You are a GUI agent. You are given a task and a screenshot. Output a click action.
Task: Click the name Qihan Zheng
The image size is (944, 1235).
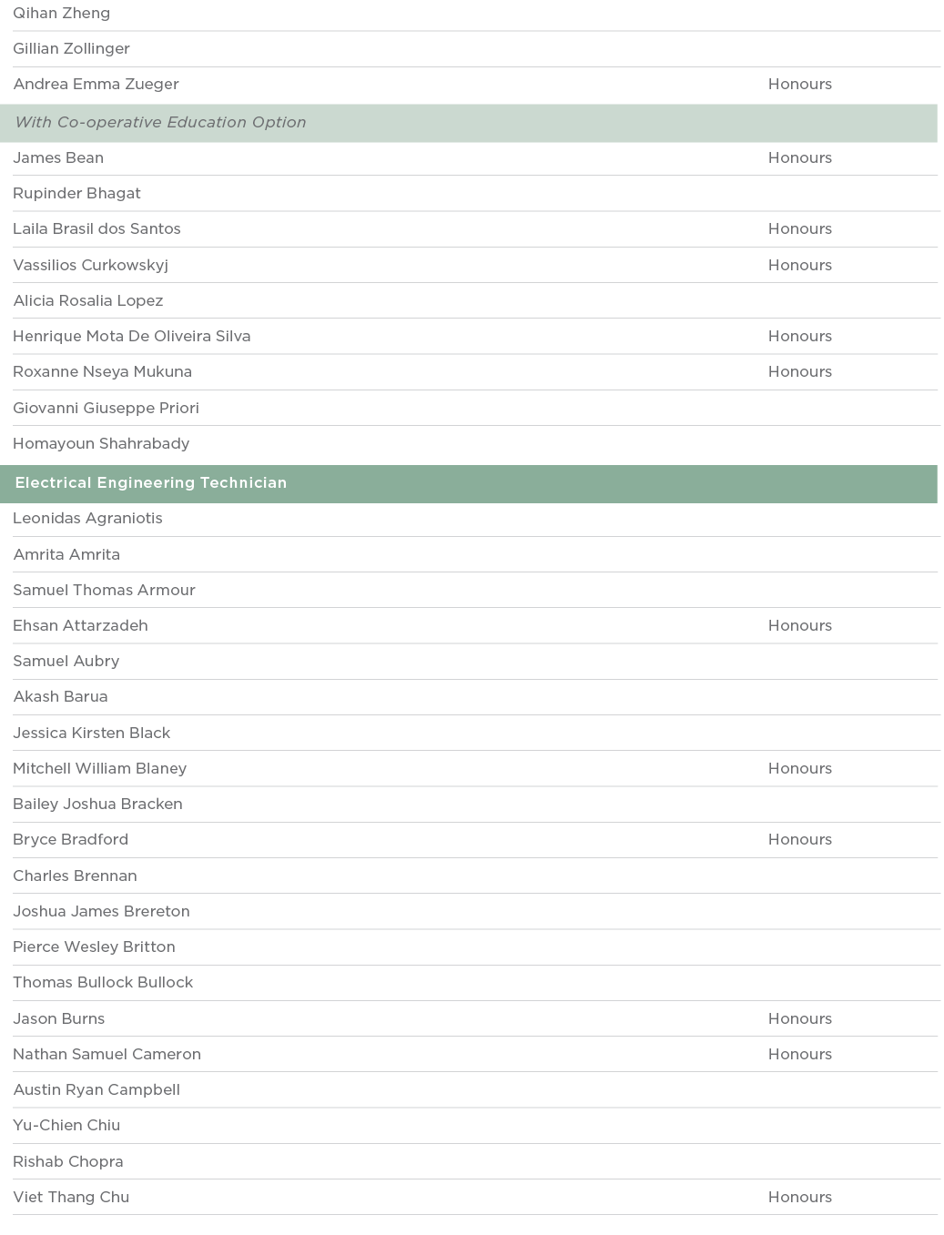click(61, 14)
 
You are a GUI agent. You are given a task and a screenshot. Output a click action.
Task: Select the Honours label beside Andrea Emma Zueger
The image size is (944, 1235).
click(799, 85)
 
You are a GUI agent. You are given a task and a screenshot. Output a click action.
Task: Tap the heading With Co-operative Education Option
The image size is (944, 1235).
click(160, 123)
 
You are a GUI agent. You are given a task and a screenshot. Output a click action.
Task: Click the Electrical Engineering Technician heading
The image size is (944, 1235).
click(150, 483)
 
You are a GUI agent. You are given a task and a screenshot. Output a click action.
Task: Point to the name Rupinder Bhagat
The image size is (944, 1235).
click(76, 194)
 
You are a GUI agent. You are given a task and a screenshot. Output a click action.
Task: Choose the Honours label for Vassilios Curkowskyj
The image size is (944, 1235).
click(799, 266)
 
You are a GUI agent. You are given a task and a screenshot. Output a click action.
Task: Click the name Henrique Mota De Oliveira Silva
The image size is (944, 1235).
click(131, 337)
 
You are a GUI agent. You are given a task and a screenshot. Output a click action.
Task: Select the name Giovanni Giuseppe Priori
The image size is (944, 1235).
click(106, 409)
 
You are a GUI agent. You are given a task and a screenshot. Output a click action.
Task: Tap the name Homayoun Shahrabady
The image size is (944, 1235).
click(101, 444)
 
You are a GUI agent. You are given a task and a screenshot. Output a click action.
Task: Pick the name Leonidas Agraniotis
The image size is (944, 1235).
click(87, 519)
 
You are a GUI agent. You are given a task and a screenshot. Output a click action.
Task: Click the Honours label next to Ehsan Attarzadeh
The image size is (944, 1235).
click(799, 626)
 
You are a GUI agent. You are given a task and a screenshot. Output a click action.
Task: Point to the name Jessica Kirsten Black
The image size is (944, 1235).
click(91, 734)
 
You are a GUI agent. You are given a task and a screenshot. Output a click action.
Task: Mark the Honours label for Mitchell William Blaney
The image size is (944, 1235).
click(799, 769)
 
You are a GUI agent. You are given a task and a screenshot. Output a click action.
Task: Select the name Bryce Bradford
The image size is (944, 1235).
click(70, 840)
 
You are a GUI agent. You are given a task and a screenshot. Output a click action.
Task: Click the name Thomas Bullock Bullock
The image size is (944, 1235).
click(103, 983)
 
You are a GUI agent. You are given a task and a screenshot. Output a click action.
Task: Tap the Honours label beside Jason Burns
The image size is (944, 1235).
click(799, 1019)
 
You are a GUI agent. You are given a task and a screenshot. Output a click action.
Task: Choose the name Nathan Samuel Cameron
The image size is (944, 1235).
click(107, 1055)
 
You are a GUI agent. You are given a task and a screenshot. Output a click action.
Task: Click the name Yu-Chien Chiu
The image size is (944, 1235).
click(66, 1126)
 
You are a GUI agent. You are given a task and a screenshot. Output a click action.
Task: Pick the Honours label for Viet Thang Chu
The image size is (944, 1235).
click(799, 1198)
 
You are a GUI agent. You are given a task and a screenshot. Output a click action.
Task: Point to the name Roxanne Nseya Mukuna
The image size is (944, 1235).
click(102, 372)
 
